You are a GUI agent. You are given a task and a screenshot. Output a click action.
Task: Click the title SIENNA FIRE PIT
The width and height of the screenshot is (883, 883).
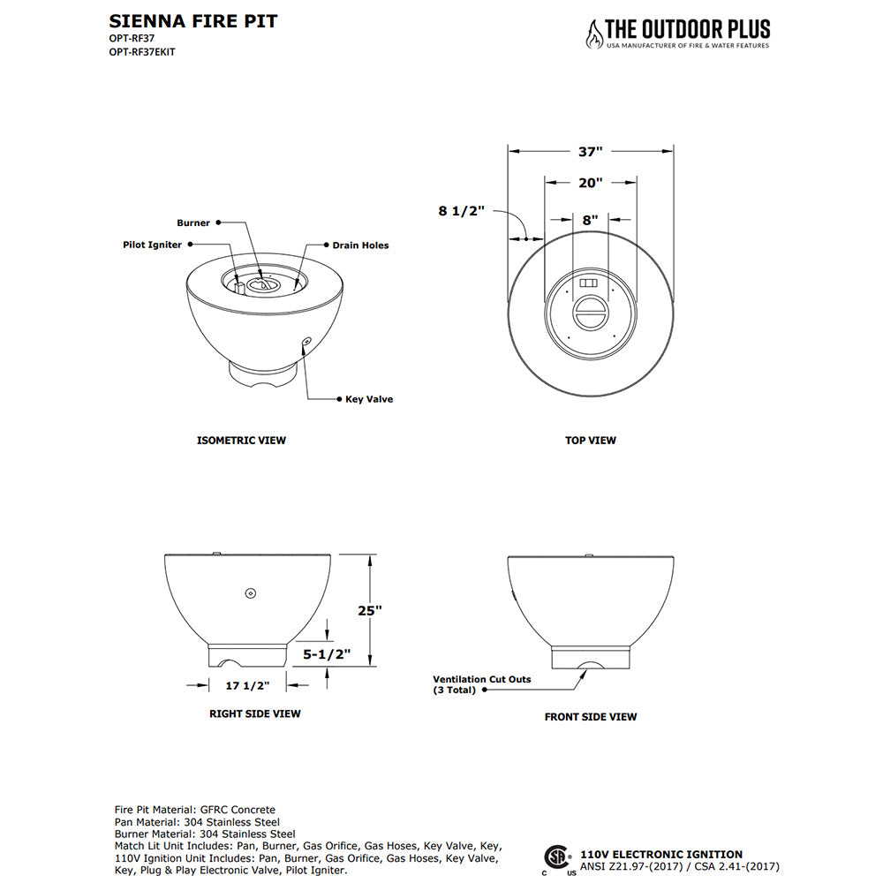point(192,21)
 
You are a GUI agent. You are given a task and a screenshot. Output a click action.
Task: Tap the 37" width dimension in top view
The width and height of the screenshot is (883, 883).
point(590,151)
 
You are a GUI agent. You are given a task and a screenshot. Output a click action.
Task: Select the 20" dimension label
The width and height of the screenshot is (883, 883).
point(590,183)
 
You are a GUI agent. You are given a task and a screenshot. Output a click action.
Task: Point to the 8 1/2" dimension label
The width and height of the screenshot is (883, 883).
point(462,211)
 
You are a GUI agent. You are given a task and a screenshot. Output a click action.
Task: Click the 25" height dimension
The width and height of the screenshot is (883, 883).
point(372,610)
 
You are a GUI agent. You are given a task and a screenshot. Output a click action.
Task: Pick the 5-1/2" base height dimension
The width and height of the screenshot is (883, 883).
point(327,654)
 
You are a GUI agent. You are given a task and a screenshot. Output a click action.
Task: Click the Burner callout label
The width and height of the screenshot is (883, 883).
point(193,223)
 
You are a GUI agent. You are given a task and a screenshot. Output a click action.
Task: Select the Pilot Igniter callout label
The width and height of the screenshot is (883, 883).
point(153,245)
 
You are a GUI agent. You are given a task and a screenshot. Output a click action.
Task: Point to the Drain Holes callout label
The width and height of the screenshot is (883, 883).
point(360,245)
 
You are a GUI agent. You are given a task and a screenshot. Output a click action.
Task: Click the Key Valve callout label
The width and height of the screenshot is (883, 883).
point(368,399)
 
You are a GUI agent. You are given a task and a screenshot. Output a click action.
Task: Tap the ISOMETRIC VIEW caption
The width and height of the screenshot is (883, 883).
point(241,440)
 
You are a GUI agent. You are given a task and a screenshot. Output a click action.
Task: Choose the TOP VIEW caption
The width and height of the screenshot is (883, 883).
point(591,440)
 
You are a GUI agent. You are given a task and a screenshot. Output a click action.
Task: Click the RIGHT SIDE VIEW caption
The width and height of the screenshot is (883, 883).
point(254,713)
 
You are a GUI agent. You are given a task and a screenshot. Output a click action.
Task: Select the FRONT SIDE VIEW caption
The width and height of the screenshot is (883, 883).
point(591,717)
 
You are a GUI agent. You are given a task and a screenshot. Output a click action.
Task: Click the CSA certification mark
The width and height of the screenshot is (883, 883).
point(556,857)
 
